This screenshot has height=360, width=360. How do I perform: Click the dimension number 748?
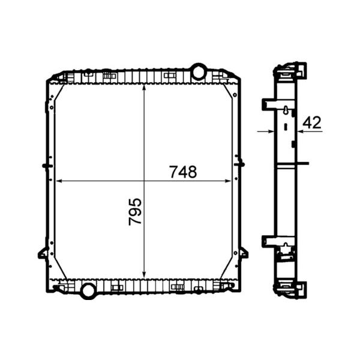[183, 172]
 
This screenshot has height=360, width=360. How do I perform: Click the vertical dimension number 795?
[135, 211]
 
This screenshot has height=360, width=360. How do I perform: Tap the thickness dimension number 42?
[311, 123]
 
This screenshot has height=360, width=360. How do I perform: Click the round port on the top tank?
[199, 72]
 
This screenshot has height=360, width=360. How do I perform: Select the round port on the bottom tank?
[88, 291]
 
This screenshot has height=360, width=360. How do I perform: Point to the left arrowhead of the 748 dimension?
[59, 181]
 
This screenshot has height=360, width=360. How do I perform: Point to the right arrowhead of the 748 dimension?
[228, 181]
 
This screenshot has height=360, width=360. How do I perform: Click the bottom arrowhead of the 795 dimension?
[144, 275]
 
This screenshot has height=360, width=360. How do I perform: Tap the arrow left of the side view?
[265, 131]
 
